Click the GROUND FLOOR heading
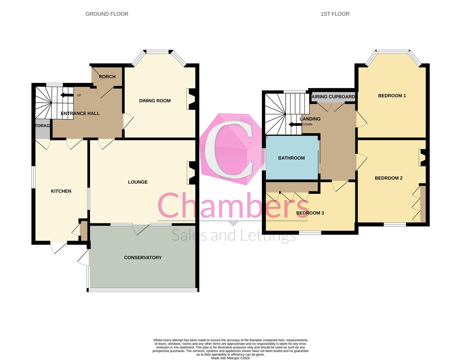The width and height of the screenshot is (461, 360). pyautogui.click(x=107, y=14)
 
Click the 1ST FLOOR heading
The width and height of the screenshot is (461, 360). pyautogui.click(x=335, y=14)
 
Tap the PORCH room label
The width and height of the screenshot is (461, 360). pyautogui.click(x=107, y=77)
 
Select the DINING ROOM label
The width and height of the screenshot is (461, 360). pyautogui.click(x=155, y=101)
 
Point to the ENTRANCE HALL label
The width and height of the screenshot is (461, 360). pyautogui.click(x=80, y=113)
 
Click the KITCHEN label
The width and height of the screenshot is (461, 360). pyautogui.click(x=61, y=191)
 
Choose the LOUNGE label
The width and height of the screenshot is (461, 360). pyautogui.click(x=138, y=182)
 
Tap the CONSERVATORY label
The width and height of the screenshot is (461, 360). pyautogui.click(x=143, y=257)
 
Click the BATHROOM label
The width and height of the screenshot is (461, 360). pyautogui.click(x=291, y=158)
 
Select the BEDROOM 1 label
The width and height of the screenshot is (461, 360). pyautogui.click(x=392, y=96)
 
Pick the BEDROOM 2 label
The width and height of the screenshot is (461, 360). pyautogui.click(x=389, y=178)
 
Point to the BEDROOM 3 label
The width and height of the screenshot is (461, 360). pyautogui.click(x=310, y=213)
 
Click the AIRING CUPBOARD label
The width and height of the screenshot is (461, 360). pyautogui.click(x=333, y=97)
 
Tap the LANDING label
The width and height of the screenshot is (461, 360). pyautogui.click(x=310, y=119)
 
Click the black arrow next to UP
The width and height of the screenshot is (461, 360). pyautogui.click(x=67, y=95)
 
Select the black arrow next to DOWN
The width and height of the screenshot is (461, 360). pyautogui.click(x=295, y=125)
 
